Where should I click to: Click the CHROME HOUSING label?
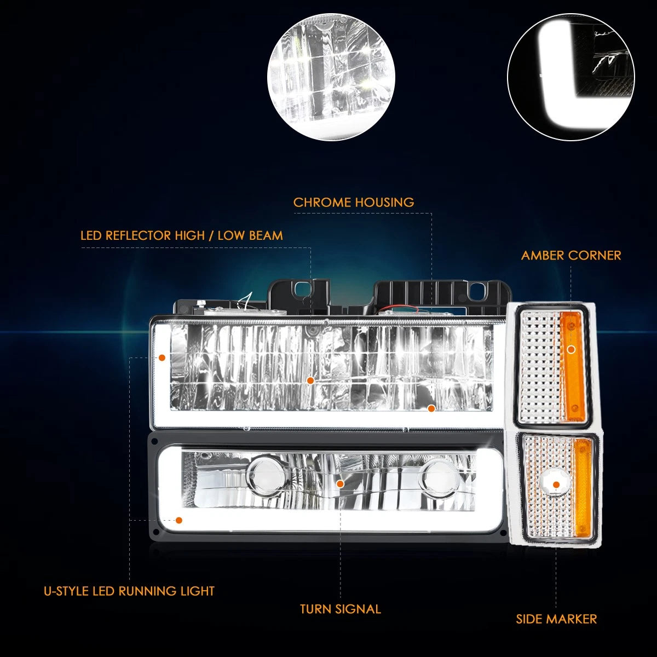tap(354, 202)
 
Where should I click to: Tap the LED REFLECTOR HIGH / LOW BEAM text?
tap(182, 235)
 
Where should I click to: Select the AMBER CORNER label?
tap(571, 255)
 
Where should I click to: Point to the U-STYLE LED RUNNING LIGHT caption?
tap(129, 591)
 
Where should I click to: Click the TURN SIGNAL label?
tap(340, 609)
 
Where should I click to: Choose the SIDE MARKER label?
tap(556, 619)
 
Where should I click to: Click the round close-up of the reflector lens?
tap(331, 76)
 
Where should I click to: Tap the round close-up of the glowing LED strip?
tap(570, 76)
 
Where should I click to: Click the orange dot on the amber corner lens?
tap(572, 349)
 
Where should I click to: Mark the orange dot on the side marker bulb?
tap(556, 485)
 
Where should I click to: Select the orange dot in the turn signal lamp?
tap(340, 484)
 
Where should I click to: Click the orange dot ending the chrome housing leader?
tap(431, 408)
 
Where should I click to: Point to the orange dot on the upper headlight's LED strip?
tap(162, 358)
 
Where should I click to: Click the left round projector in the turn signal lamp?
tap(267, 475)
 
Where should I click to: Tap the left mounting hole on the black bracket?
tap(301, 289)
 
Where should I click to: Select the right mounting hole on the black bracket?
tap(475, 290)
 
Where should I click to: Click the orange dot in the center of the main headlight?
tap(310, 381)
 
